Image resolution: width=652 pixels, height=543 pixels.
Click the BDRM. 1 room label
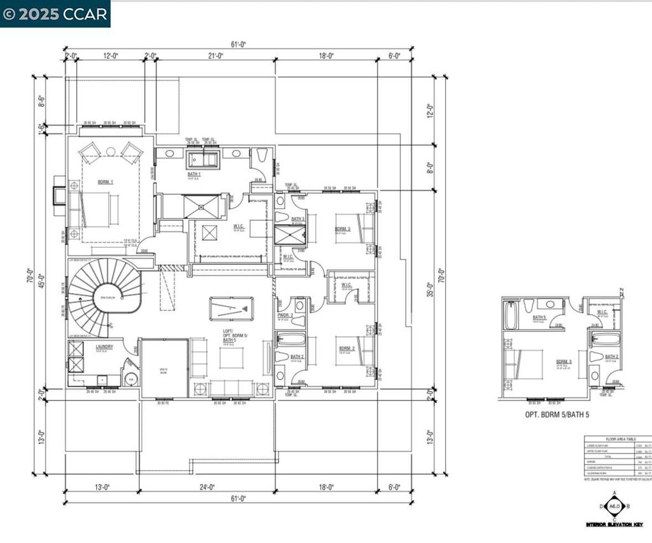(106, 182)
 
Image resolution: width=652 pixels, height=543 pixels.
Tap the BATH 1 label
(194, 174)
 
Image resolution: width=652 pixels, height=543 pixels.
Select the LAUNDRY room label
(104, 347)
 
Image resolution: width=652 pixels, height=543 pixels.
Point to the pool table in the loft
(230, 309)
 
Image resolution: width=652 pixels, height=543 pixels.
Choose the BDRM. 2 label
(346, 348)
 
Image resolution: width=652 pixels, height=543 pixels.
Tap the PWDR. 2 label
(285, 315)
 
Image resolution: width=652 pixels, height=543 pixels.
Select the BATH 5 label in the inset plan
(539, 317)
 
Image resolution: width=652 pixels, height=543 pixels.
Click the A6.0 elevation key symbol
(614, 507)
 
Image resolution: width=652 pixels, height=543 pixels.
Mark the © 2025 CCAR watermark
(55, 14)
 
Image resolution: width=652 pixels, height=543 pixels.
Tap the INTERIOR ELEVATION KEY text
(614, 525)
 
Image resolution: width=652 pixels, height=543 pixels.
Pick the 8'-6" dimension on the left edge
(41, 101)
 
